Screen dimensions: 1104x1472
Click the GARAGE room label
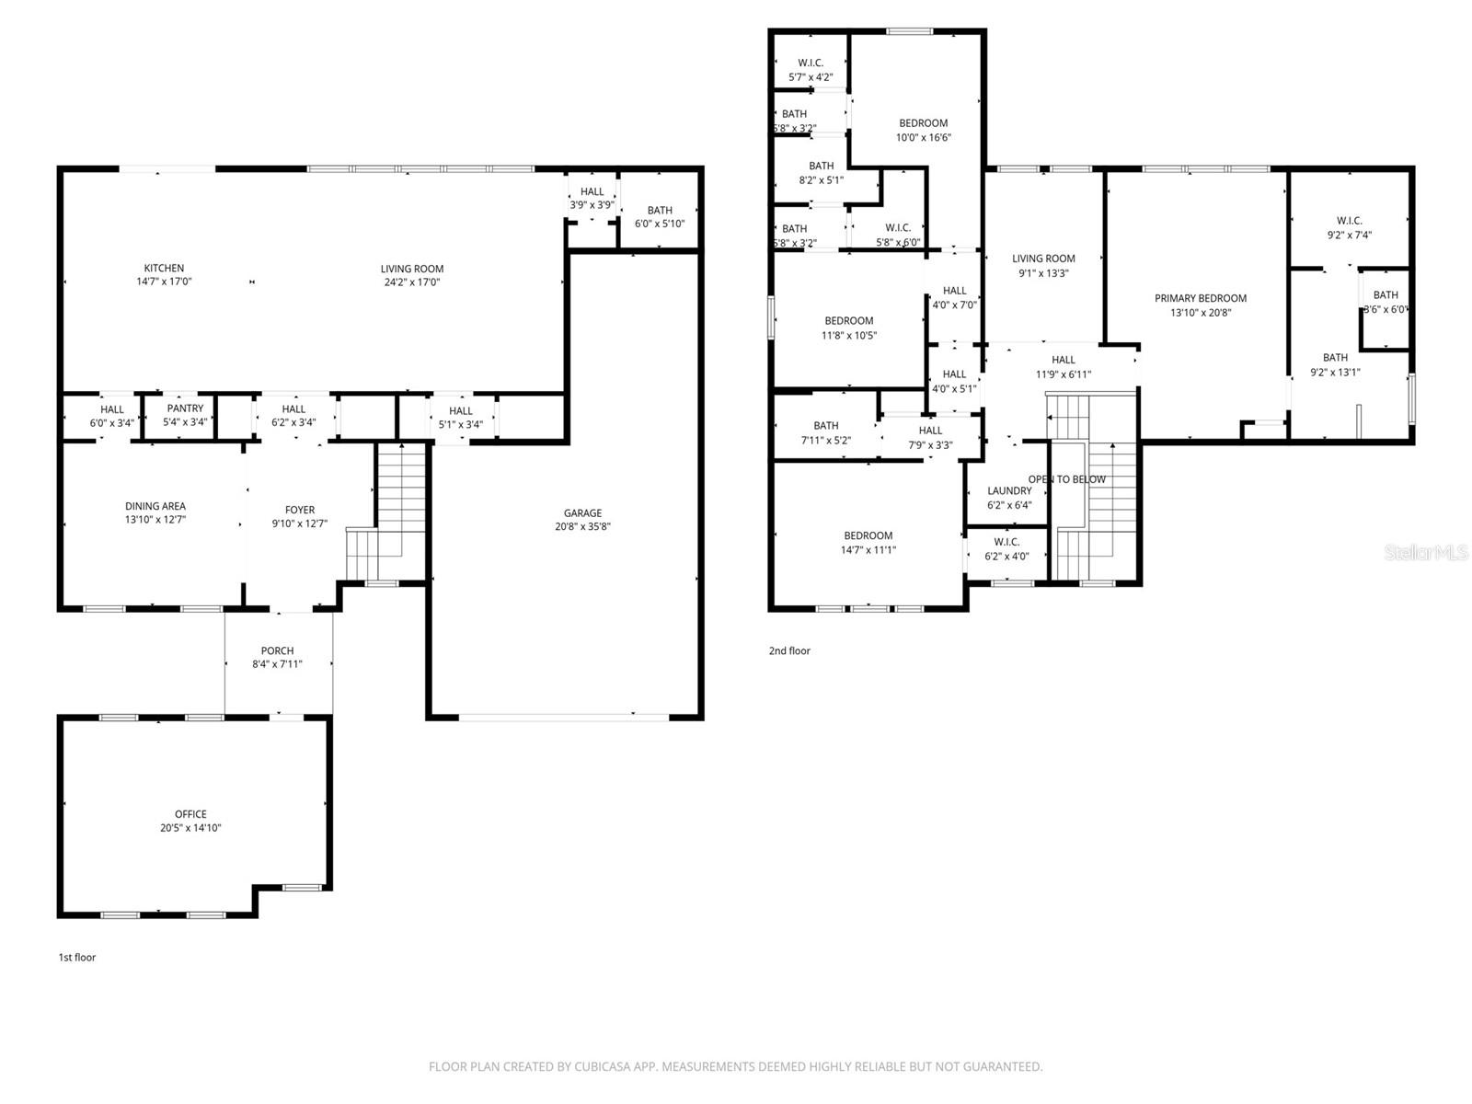(x=582, y=513)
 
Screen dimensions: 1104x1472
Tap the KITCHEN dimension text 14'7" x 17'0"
(x=164, y=282)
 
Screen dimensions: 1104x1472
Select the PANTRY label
(x=185, y=408)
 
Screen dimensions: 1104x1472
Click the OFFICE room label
(x=190, y=814)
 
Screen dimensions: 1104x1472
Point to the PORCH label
(x=277, y=650)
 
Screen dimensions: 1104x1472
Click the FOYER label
(x=299, y=510)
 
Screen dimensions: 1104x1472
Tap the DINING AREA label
(x=155, y=506)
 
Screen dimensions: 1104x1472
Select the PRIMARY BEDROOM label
(x=1200, y=298)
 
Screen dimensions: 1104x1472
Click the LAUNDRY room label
(x=1009, y=491)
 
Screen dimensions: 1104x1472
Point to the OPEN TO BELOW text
(x=1067, y=479)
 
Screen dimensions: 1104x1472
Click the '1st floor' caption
(x=77, y=958)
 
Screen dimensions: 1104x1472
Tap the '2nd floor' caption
(x=789, y=651)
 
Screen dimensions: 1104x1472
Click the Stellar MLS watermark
(x=1425, y=553)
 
